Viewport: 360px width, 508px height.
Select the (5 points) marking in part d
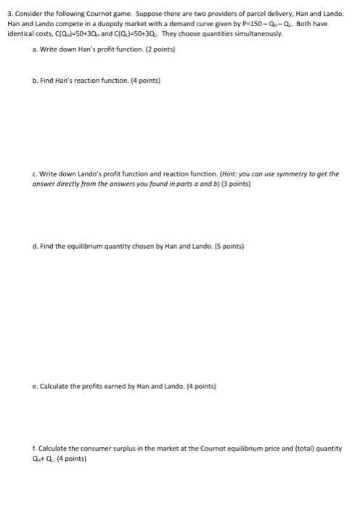pos(229,246)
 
